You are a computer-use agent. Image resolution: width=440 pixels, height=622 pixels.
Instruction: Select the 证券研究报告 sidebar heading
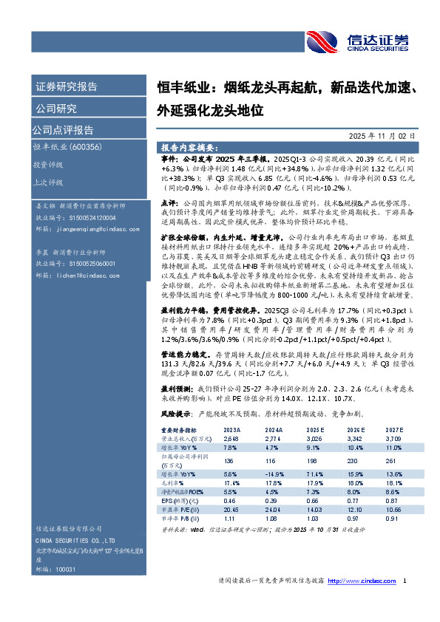click(x=67, y=86)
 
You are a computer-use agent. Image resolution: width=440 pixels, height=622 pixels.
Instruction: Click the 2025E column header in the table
click(x=315, y=430)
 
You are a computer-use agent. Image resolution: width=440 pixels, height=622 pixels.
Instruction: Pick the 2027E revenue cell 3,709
click(x=393, y=438)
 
